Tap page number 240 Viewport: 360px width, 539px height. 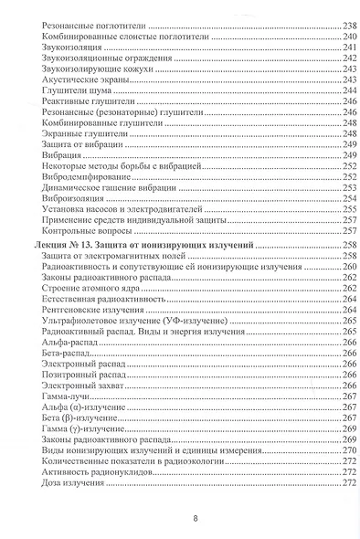tap(335, 36)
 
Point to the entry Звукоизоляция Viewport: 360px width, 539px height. tap(68, 47)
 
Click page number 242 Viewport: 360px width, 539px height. tap(335, 58)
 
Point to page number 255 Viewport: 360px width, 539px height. tap(335, 211)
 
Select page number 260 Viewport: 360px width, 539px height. tap(335, 267)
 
